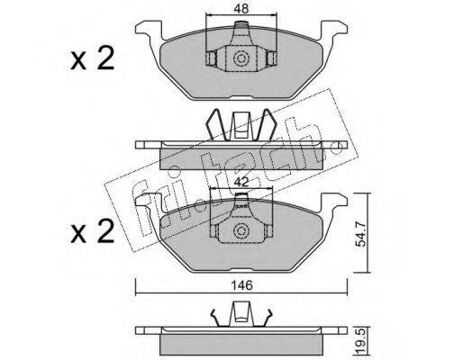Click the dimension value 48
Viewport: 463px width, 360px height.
pyautogui.click(x=241, y=9)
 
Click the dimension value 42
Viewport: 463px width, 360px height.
pyautogui.click(x=241, y=182)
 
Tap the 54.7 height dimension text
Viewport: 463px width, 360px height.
pyautogui.click(x=361, y=233)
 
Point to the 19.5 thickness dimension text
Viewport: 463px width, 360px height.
pyautogui.click(x=361, y=342)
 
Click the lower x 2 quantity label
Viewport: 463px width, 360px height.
pyautogui.click(x=93, y=230)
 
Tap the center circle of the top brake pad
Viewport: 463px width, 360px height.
pyautogui.click(x=241, y=58)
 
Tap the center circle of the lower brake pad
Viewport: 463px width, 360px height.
pyautogui.click(x=241, y=230)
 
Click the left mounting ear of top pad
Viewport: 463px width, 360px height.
pyautogui.click(x=150, y=30)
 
